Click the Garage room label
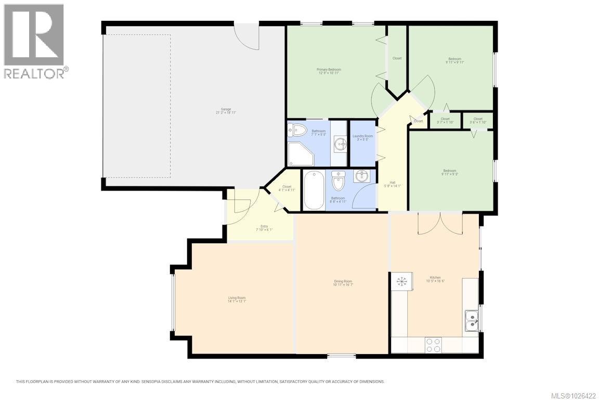tap(226, 110)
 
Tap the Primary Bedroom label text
tap(329, 71)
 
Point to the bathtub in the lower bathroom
tap(314, 190)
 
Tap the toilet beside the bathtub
tap(338, 182)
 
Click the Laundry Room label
tap(362, 137)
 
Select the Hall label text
tap(393, 184)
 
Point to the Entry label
tap(264, 228)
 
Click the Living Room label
tap(237, 299)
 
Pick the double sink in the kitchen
tap(472, 320)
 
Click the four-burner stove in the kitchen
tap(434, 345)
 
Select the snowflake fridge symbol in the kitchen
tap(401, 282)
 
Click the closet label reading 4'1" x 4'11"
tap(287, 189)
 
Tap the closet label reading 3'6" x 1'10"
tap(477, 120)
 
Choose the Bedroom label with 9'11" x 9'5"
tap(449, 172)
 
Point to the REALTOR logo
tap(34, 41)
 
